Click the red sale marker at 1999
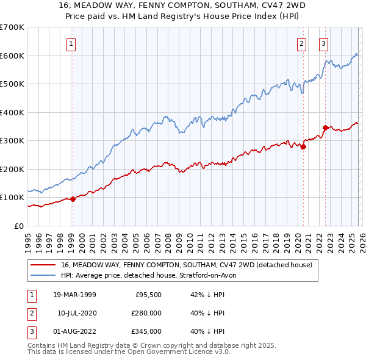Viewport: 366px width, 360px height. click(73, 198)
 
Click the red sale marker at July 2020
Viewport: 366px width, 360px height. click(303, 146)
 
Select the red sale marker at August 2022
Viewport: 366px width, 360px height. click(326, 128)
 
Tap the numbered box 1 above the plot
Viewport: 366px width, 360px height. click(72, 43)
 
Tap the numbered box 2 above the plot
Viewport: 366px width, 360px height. click(302, 43)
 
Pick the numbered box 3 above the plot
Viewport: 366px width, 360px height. click(323, 43)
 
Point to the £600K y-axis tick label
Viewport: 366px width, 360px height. click(12, 56)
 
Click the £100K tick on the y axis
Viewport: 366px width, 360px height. click(12, 197)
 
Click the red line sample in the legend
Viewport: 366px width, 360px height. click(44, 265)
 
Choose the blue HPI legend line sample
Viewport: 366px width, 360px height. click(44, 275)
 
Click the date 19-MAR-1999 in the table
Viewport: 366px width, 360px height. click(74, 294)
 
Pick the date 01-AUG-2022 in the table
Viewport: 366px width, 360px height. click(74, 332)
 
